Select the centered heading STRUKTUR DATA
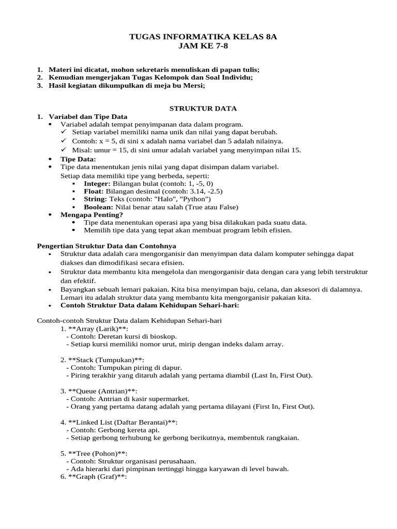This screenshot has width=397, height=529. click(203, 108)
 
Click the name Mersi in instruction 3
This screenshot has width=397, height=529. click(193, 86)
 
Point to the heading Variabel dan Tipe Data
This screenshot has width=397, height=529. click(88, 117)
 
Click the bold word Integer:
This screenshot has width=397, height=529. click(97, 183)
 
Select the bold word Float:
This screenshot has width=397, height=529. click(94, 191)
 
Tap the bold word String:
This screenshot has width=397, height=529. click(95, 199)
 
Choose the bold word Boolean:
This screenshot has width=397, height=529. click(99, 207)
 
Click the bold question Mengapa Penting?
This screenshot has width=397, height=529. click(92, 214)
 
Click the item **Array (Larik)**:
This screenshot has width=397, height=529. click(99, 329)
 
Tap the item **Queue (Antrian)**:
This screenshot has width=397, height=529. click(104, 391)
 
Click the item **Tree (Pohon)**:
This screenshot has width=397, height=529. click(98, 454)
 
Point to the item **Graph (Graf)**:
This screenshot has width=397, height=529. click(98, 477)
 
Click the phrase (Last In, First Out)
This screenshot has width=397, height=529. click(282, 375)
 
